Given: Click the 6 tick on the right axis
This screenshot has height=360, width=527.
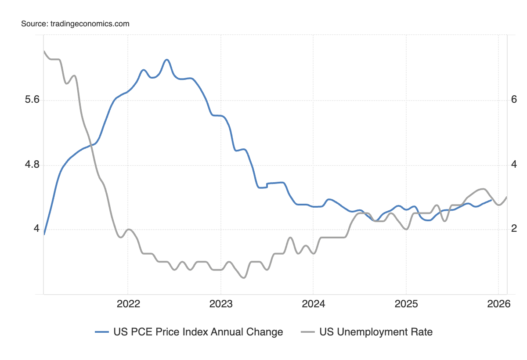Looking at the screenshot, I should click(514, 100).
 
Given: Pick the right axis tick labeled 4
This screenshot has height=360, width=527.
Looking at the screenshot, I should click(514, 165).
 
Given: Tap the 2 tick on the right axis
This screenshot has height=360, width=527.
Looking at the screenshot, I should click(514, 229).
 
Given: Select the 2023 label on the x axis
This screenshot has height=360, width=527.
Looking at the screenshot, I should click(220, 304).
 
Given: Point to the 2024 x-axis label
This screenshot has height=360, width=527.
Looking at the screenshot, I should click(313, 304).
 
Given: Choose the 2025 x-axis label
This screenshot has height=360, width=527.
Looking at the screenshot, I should click(406, 304).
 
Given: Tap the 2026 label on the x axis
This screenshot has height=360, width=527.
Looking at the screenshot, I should click(498, 304).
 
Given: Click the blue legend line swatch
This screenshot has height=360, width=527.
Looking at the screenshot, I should click(102, 332).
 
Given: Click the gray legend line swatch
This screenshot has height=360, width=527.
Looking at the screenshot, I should click(308, 332).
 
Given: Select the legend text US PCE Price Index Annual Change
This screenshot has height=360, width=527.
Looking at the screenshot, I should click(198, 332).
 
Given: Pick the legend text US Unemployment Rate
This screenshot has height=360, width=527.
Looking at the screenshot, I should click(376, 332).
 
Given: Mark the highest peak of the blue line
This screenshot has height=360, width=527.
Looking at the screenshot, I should click(166, 60).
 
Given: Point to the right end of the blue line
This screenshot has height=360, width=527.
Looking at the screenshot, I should click(491, 200).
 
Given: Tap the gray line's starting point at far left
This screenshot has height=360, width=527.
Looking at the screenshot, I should click(44, 51).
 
